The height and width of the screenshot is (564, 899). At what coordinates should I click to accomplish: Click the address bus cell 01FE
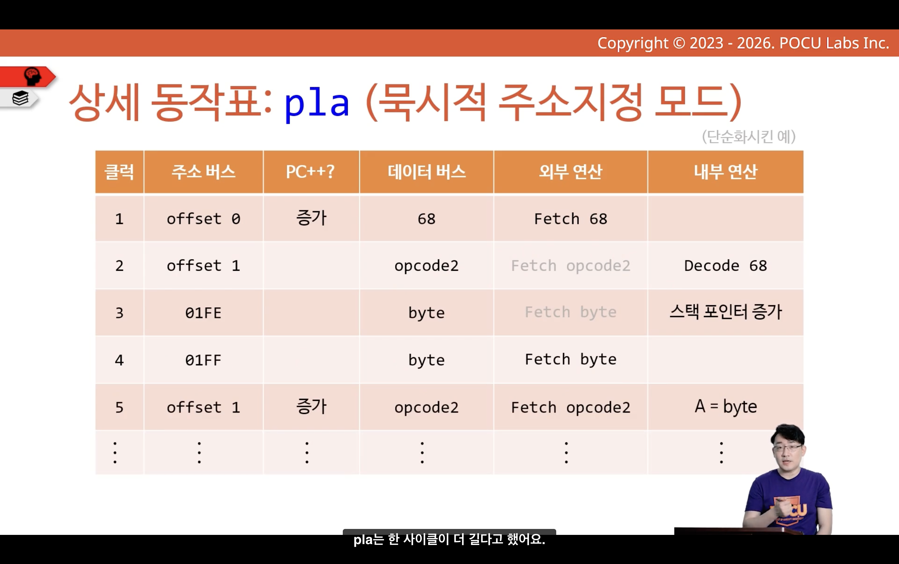(x=203, y=313)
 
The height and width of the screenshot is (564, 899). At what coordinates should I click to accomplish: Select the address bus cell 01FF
(x=203, y=360)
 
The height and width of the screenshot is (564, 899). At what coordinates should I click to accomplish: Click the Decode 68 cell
(x=725, y=266)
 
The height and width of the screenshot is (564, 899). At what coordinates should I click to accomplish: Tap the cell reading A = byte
(x=725, y=406)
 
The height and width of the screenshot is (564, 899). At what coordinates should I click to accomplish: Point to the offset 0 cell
(x=203, y=219)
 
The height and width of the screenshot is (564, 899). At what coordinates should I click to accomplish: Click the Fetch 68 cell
(x=570, y=219)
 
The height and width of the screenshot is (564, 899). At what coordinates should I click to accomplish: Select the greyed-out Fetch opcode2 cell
(x=570, y=266)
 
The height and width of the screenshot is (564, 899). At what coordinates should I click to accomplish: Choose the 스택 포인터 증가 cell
(x=725, y=312)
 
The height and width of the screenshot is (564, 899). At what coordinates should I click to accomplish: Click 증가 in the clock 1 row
(x=311, y=218)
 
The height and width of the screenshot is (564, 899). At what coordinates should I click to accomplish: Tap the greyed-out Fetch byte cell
(x=570, y=312)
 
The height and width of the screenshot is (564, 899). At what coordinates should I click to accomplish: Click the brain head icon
(x=32, y=76)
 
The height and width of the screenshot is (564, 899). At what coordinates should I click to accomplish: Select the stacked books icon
(x=21, y=98)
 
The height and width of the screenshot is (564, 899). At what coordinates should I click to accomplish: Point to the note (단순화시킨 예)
(x=749, y=136)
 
